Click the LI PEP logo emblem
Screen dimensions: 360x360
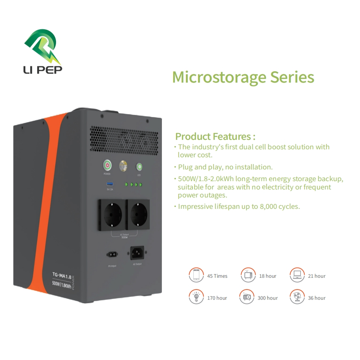click(x=43, y=46)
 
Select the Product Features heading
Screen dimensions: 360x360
click(x=215, y=136)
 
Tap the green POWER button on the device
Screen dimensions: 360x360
click(x=108, y=165)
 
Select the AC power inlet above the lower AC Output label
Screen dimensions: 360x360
click(x=137, y=252)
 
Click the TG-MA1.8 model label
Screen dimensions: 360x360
click(x=61, y=275)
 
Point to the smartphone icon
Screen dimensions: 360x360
click(x=196, y=275)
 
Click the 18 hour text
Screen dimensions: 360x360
click(x=268, y=276)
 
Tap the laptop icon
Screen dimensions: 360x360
click(x=297, y=275)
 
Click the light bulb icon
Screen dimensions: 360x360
click(x=196, y=297)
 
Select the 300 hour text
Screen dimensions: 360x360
click(x=268, y=298)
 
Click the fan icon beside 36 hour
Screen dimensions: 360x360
click(x=297, y=297)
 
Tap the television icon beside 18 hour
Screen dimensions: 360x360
click(x=248, y=275)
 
